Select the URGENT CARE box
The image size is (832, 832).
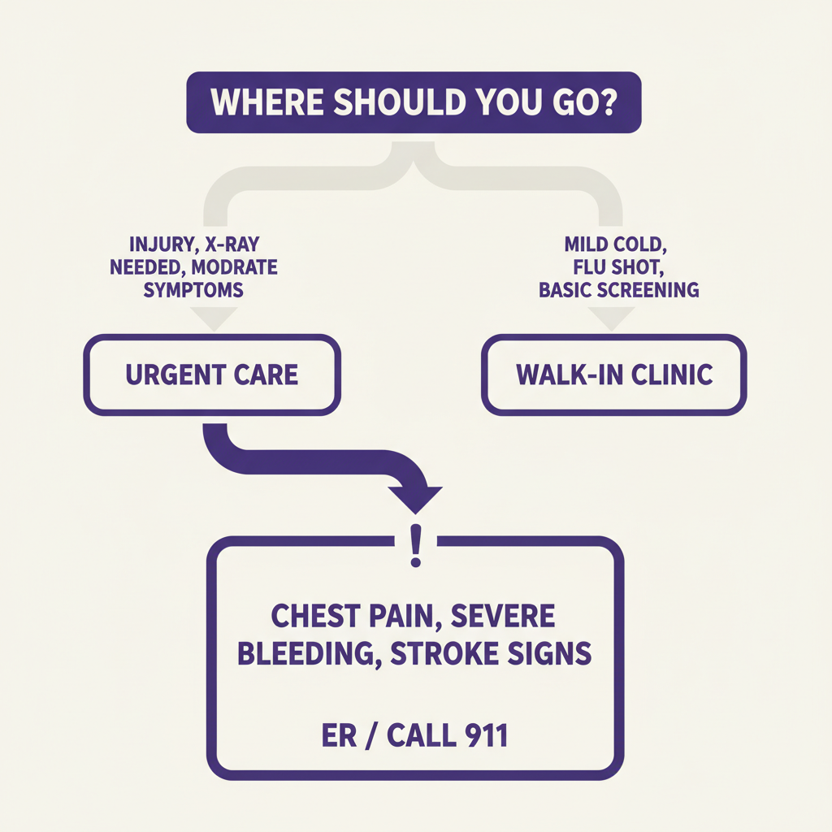pos(212,375)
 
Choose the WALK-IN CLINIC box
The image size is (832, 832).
pos(613,375)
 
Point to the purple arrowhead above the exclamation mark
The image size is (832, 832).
pos(415,498)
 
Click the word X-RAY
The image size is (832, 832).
pos(251,243)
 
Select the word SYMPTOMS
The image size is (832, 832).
pos(193,289)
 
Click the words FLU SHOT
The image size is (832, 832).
pos(613,266)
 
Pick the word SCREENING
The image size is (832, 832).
pos(650,289)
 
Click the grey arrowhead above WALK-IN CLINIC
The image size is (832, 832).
pos(613,319)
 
